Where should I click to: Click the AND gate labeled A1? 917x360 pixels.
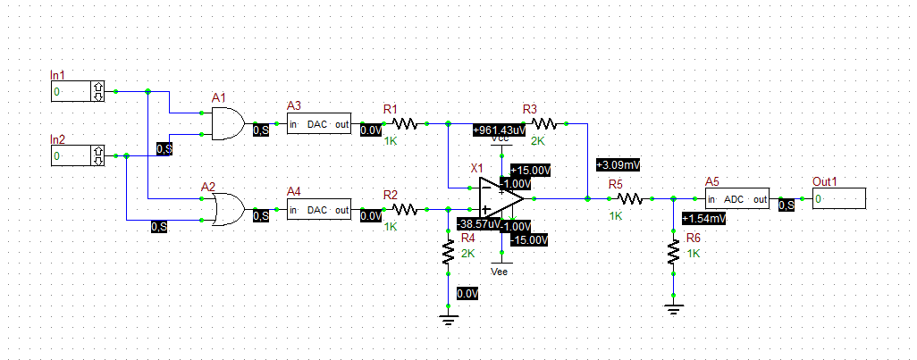227,124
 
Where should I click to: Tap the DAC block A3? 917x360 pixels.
319,124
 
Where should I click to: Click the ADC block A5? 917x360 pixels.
736,198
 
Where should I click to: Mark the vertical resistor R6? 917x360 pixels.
673,253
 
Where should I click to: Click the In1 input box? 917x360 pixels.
79,91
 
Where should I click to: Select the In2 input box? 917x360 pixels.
79,156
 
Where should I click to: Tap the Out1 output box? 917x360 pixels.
838,198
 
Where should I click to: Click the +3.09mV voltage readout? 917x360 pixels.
618,166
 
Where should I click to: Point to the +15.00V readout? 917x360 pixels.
531,170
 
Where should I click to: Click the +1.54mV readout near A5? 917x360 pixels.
703,218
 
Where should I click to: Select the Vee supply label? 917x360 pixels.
501,271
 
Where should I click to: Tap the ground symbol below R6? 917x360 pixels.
673,309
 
